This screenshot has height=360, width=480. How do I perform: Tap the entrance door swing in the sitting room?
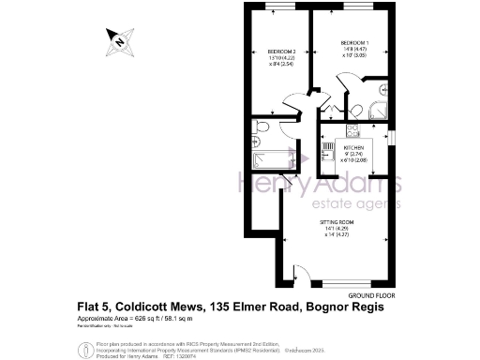point(302,275)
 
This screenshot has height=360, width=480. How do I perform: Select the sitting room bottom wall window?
point(352,284)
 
